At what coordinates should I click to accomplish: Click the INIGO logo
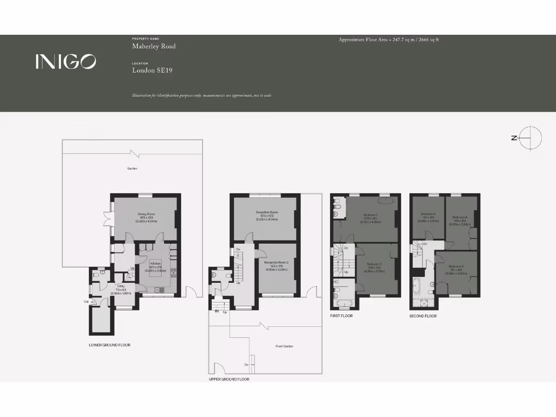click(x=66, y=61)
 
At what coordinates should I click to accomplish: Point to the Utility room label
click(x=121, y=286)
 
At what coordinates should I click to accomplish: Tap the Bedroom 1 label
click(x=371, y=214)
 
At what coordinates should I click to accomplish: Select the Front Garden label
click(x=284, y=346)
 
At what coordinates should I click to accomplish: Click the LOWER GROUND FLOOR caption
click(x=110, y=345)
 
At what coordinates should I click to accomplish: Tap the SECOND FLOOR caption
click(x=423, y=315)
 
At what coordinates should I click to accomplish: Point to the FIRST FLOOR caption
click(x=342, y=315)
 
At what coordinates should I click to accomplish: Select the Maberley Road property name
click(x=154, y=47)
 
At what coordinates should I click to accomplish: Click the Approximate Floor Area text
click(x=389, y=40)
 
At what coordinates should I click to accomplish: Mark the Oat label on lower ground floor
click(x=86, y=301)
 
